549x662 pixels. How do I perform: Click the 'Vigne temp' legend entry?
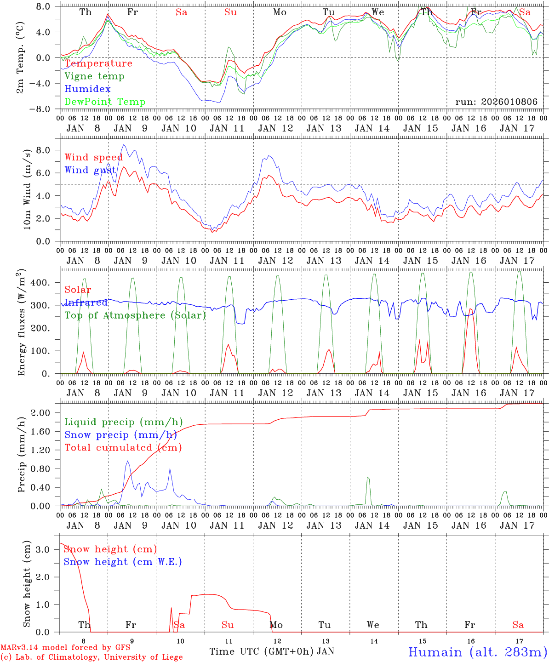coord(94,76)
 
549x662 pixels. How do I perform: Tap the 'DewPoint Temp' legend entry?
coord(105,102)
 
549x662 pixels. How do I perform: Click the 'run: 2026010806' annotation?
coord(496,102)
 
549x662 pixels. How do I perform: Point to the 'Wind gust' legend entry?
coord(91,170)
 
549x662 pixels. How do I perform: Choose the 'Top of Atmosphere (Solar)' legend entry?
coord(135,315)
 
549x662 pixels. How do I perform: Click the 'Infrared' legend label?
coord(86,302)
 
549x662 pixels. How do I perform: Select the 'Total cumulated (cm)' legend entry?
coord(123,448)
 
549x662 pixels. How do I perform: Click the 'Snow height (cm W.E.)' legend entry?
coord(123,562)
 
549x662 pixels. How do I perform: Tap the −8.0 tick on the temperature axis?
coord(43,109)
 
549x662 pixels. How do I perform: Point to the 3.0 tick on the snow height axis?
coord(47,549)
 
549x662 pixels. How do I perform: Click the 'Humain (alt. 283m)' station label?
coord(478,652)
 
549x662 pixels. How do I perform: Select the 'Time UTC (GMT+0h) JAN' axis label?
coord(271,651)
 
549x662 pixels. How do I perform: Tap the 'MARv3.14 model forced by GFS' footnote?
coord(65,648)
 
